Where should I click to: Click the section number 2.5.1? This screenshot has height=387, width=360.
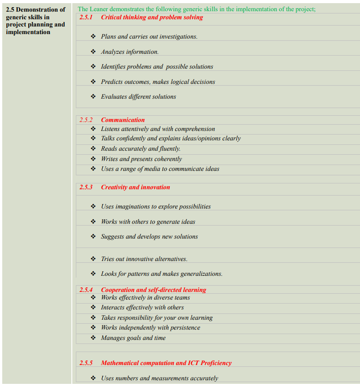(x=86, y=17)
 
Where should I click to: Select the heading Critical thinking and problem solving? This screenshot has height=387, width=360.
(x=152, y=17)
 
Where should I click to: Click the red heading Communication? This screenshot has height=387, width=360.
(x=123, y=120)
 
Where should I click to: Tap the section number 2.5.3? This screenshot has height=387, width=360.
(x=86, y=187)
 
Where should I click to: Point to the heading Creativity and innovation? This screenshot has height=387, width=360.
(x=135, y=187)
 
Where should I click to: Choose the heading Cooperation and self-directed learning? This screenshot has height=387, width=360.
(x=153, y=290)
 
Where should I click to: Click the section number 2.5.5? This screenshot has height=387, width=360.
(x=86, y=363)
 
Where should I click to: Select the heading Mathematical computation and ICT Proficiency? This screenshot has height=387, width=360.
(x=166, y=363)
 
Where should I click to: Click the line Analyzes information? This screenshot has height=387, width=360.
(x=130, y=52)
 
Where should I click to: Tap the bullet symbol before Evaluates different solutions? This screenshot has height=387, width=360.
(x=93, y=96)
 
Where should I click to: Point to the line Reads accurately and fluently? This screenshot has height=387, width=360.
(x=140, y=148)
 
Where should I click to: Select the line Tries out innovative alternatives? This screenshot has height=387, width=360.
(x=144, y=259)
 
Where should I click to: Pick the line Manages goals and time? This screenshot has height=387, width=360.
(x=133, y=338)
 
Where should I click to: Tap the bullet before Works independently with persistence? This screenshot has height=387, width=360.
(x=93, y=327)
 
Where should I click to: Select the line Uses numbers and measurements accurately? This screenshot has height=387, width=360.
(x=159, y=378)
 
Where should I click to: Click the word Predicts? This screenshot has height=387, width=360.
(x=112, y=82)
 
